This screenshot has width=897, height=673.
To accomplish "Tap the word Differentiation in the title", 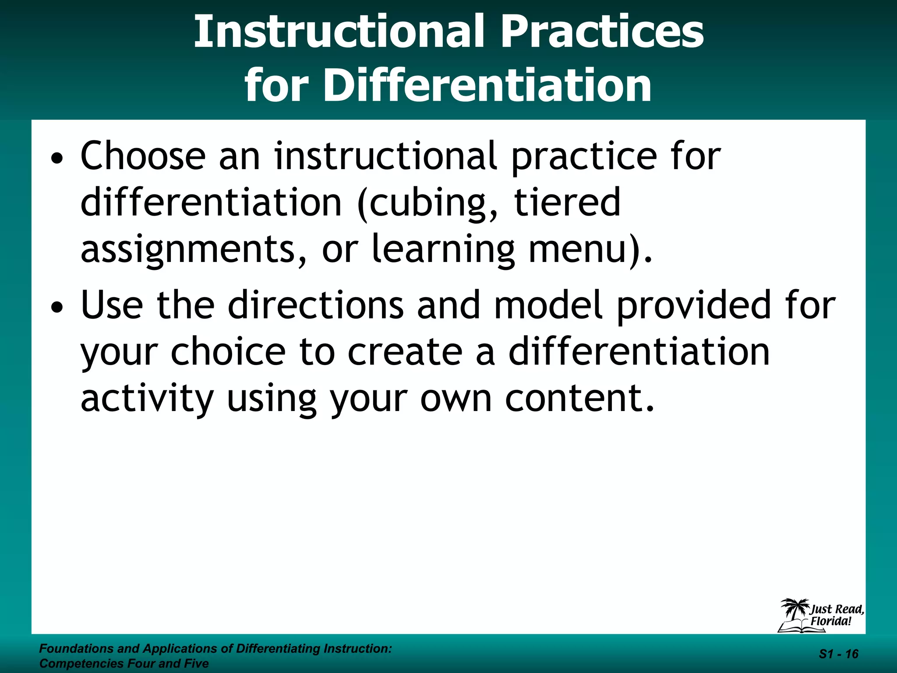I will (487, 85).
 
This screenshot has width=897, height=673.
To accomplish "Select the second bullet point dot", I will (57, 308).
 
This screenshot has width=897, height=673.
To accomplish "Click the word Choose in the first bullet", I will (143, 156).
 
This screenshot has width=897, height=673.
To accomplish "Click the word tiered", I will (567, 202).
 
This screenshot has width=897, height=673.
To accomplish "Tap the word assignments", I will (188, 250).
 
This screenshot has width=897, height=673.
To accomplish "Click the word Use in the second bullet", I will (112, 305).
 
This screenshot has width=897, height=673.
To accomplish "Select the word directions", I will (315, 305).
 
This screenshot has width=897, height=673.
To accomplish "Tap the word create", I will (405, 353).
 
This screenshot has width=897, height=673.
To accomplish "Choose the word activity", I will (147, 400).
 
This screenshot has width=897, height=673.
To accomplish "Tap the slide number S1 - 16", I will (838, 654).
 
